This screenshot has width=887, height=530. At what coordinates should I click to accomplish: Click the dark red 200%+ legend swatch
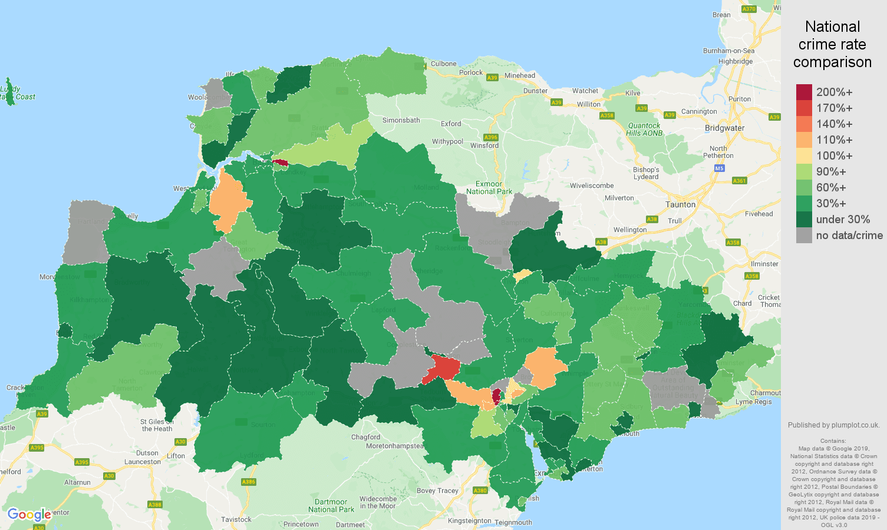(x=804, y=92)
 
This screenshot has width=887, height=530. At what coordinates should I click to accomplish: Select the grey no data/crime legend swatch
(x=804, y=236)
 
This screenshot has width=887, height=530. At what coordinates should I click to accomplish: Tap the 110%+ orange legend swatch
(x=804, y=140)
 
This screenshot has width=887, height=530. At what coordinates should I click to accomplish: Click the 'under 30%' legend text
(x=842, y=220)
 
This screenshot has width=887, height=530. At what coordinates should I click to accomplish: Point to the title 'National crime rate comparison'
(x=832, y=44)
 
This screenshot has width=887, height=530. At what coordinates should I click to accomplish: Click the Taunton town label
(x=680, y=205)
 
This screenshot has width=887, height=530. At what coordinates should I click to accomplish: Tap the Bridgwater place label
(x=724, y=128)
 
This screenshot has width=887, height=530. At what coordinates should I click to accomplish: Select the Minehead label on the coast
(x=520, y=75)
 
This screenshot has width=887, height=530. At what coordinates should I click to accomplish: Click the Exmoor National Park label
(x=489, y=188)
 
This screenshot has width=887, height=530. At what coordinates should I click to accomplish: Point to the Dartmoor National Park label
(x=331, y=506)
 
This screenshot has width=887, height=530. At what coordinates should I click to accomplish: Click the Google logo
(x=29, y=515)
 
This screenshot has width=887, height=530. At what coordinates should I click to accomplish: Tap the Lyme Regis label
(x=753, y=402)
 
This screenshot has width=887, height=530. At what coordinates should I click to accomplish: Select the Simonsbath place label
(x=401, y=121)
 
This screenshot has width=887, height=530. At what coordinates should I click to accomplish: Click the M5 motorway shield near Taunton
(x=719, y=168)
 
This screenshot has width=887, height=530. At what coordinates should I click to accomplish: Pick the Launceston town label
(x=142, y=462)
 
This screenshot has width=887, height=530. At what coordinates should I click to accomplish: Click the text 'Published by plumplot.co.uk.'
(x=833, y=425)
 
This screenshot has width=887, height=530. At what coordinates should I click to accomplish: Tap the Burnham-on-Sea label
(x=728, y=51)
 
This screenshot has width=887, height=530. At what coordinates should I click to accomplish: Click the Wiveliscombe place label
(x=591, y=186)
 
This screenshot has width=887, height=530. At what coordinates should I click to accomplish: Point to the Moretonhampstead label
(x=394, y=446)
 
